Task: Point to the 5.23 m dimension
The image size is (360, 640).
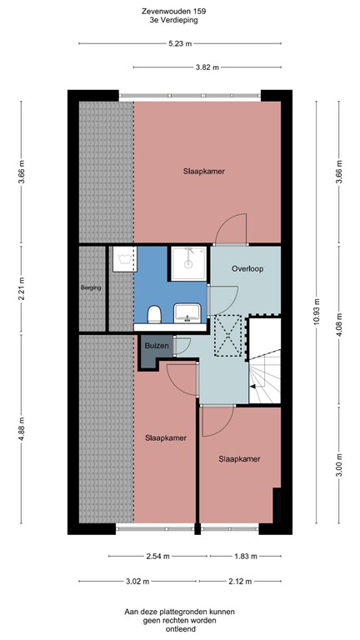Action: (x=180, y=43)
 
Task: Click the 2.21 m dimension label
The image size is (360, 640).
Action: (x=22, y=287)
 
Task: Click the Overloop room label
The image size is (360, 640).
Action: (x=247, y=269)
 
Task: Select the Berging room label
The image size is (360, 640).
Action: (x=91, y=287)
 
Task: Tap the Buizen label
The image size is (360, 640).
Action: (x=157, y=344)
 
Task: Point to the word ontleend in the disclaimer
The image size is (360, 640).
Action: (x=180, y=629)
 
